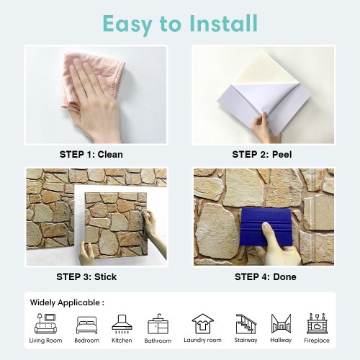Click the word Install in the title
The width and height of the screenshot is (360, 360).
(223, 23)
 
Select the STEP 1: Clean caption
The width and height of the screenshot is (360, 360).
(91, 154)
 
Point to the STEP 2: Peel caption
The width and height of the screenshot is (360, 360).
(262, 154)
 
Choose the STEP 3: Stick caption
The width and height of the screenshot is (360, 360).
(86, 276)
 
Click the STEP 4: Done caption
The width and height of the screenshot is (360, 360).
(266, 276)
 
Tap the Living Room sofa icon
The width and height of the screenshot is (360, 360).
(46, 323)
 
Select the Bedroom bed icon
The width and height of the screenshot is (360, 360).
(86, 325)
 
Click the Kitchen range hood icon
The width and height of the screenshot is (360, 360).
(122, 324)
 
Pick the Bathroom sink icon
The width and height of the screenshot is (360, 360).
(158, 324)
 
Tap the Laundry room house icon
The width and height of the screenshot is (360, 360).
(202, 323)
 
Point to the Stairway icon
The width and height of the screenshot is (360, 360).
(246, 324)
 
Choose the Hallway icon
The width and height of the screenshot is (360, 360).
(281, 323)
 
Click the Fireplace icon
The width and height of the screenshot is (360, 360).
(317, 323)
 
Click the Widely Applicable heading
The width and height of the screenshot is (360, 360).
(67, 302)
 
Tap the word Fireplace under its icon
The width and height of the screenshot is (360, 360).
(317, 341)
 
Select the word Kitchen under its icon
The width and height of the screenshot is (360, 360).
(122, 341)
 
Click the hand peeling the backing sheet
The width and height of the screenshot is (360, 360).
(264, 128)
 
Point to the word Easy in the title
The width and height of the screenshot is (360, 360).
(127, 24)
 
